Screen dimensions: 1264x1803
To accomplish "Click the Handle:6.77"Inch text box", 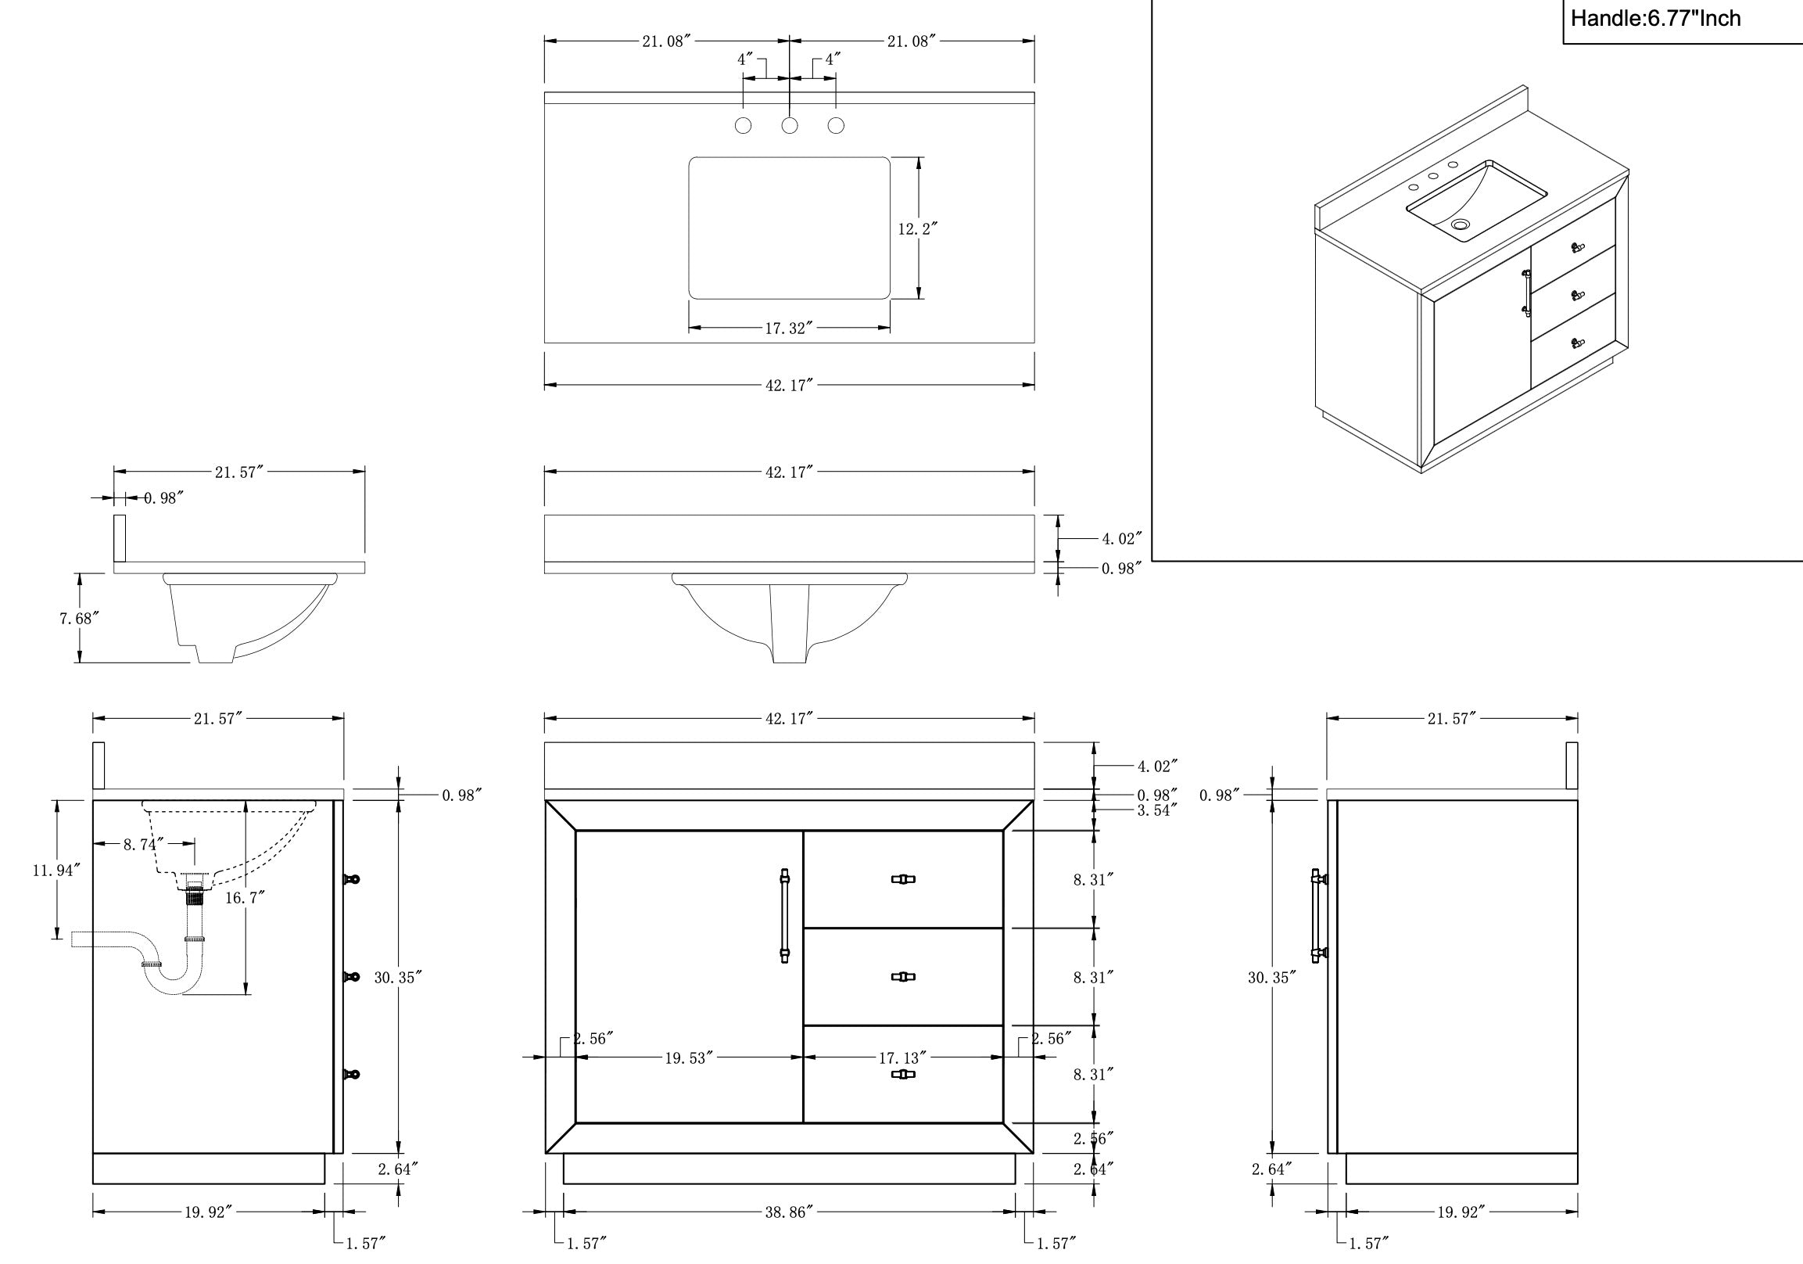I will pyautogui.click(x=1655, y=19).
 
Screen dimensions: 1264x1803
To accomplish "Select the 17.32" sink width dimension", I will pyautogui.click(x=787, y=329).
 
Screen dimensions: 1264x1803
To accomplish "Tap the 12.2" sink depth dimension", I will pyautogui.click(x=917, y=228).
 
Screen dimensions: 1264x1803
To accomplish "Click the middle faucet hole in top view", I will pyautogui.click(x=789, y=126).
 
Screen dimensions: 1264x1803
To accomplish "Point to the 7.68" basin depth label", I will pyautogui.click(x=79, y=618).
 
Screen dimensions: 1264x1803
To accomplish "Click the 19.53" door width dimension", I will pyautogui.click(x=688, y=1058).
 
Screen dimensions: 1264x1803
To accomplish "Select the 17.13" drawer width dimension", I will pyautogui.click(x=901, y=1058).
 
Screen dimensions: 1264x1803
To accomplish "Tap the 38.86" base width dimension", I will pyautogui.click(x=787, y=1212).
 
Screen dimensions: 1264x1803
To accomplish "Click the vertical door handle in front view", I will pyautogui.click(x=784, y=915).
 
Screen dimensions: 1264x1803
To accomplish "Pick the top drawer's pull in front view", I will pyautogui.click(x=903, y=879).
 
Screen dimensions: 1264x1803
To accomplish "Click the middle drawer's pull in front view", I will pyautogui.click(x=903, y=976).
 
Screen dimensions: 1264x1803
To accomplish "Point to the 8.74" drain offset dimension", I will pyautogui.click(x=143, y=845).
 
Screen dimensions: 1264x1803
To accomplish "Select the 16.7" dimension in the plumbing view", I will pyautogui.click(x=244, y=897).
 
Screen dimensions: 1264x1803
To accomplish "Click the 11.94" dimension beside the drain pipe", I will pyautogui.click(x=56, y=871).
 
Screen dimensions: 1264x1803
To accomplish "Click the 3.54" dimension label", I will pyautogui.click(x=1157, y=810).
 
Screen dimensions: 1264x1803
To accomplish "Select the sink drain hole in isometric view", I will pyautogui.click(x=1460, y=224).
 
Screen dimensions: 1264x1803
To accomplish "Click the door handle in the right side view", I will pyautogui.click(x=1317, y=915).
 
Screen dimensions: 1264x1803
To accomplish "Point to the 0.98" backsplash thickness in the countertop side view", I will pyautogui.click(x=163, y=498).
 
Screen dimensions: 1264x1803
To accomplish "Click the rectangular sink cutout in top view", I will pyautogui.click(x=789, y=228).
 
